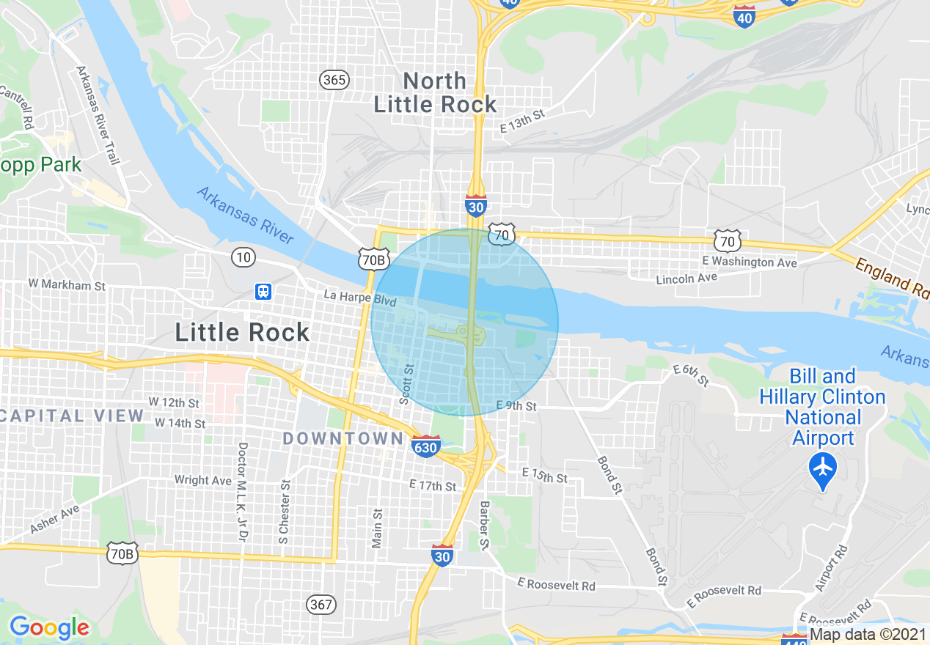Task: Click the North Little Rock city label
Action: tap(435, 92)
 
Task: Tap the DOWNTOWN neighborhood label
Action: tap(343, 438)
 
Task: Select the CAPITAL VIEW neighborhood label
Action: tap(73, 416)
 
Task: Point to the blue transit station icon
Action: tap(263, 292)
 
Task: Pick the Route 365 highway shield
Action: tap(334, 80)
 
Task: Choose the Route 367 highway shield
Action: tap(321, 605)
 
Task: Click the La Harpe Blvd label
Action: tap(360, 299)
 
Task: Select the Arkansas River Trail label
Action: tap(98, 115)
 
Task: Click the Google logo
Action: tap(49, 627)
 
